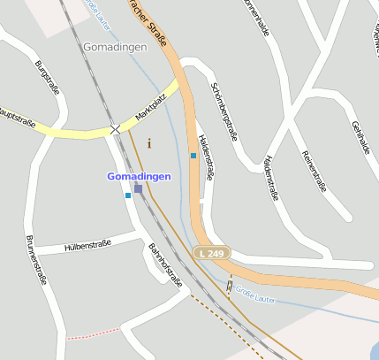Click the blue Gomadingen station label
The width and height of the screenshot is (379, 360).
(139, 176)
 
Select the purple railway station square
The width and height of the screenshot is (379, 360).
(138, 188)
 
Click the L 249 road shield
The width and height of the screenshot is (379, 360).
(211, 253)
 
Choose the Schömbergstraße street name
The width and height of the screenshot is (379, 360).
(224, 111)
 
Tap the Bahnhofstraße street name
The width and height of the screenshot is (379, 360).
(164, 265)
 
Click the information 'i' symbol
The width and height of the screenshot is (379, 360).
(148, 142)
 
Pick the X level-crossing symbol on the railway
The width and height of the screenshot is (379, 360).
(115, 129)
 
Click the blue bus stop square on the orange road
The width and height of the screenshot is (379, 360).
(193, 156)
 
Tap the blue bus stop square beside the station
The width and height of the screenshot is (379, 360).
(128, 195)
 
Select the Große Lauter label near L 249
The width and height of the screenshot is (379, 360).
(257, 295)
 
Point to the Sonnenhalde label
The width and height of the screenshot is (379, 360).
(257, 18)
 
